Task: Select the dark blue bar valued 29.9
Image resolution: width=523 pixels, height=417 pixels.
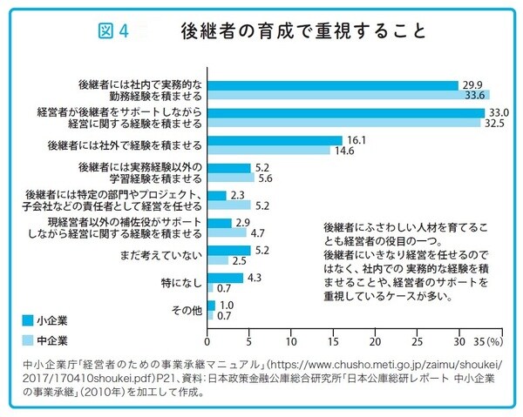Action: point(333,85)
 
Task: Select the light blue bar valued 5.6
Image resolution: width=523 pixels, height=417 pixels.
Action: point(231,177)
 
